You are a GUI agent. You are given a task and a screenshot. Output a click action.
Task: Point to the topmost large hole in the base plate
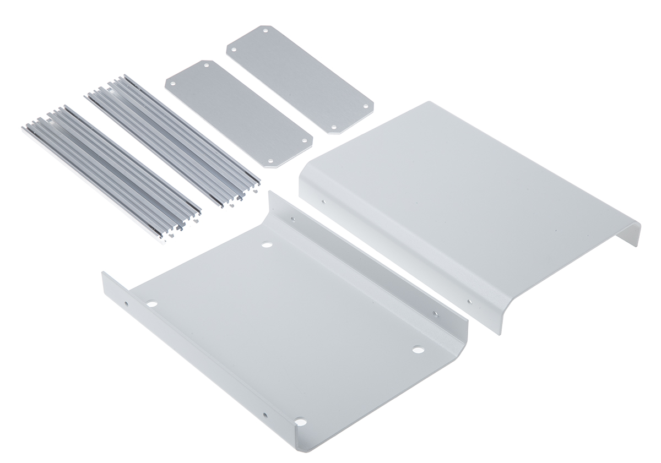(267, 244)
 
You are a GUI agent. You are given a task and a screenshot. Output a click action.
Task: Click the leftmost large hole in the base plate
(151, 303)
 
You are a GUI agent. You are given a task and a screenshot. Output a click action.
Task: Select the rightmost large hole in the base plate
(418, 349)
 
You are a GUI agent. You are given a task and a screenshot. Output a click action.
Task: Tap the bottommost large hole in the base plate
(300, 422)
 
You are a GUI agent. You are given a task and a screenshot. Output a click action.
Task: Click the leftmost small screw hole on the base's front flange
(126, 303)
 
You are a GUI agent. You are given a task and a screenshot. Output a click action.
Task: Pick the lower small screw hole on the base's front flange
(266, 415)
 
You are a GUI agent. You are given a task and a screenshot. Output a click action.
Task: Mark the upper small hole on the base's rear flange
(292, 219)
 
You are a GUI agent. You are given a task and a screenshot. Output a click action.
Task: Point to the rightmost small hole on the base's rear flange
(435, 314)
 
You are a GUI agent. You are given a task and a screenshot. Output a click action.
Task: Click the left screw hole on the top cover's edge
(323, 201)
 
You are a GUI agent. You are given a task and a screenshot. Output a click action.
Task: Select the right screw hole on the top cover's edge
(469, 301)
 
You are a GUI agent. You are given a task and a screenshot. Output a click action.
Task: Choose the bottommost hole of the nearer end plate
(272, 160)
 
